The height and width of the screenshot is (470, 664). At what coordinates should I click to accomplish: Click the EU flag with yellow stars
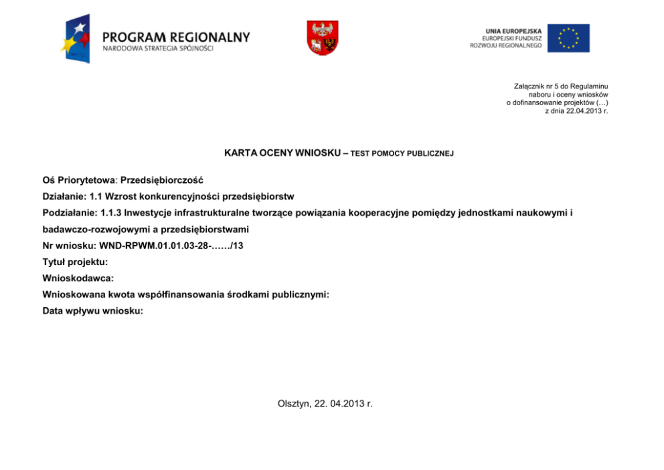[x=568, y=38]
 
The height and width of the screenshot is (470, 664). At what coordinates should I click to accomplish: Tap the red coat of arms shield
[x=323, y=37]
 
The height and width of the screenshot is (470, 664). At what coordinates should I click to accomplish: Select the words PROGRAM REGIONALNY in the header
[x=176, y=37]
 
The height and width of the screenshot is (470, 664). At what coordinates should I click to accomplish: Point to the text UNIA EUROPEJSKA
[x=513, y=31]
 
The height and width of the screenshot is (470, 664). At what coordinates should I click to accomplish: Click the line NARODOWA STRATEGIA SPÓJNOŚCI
[x=158, y=50]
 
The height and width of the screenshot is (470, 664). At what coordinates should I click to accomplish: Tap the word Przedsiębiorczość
[x=162, y=180]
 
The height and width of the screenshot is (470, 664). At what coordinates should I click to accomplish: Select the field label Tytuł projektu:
[x=75, y=262]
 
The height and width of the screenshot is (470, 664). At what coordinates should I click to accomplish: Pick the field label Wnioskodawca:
[x=78, y=278]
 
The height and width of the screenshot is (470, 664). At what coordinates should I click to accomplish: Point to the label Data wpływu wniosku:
[x=92, y=311]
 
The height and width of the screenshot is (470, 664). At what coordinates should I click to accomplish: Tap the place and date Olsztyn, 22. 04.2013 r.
[x=325, y=404]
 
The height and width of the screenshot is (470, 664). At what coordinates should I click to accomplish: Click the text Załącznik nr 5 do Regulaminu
[x=560, y=86]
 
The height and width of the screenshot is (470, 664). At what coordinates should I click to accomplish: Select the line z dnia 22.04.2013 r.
[x=576, y=110]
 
